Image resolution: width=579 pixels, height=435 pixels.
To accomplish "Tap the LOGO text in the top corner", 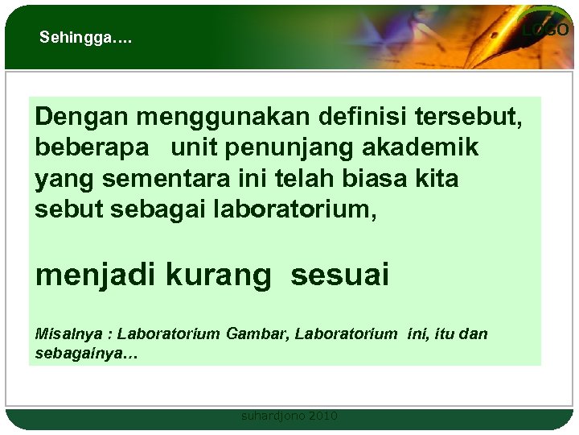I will click(545, 30).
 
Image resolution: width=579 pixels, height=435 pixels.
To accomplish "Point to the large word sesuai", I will click(340, 275).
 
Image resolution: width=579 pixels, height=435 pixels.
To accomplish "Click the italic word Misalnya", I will click(64, 334).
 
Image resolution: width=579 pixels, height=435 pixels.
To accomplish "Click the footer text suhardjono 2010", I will click(289, 416).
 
